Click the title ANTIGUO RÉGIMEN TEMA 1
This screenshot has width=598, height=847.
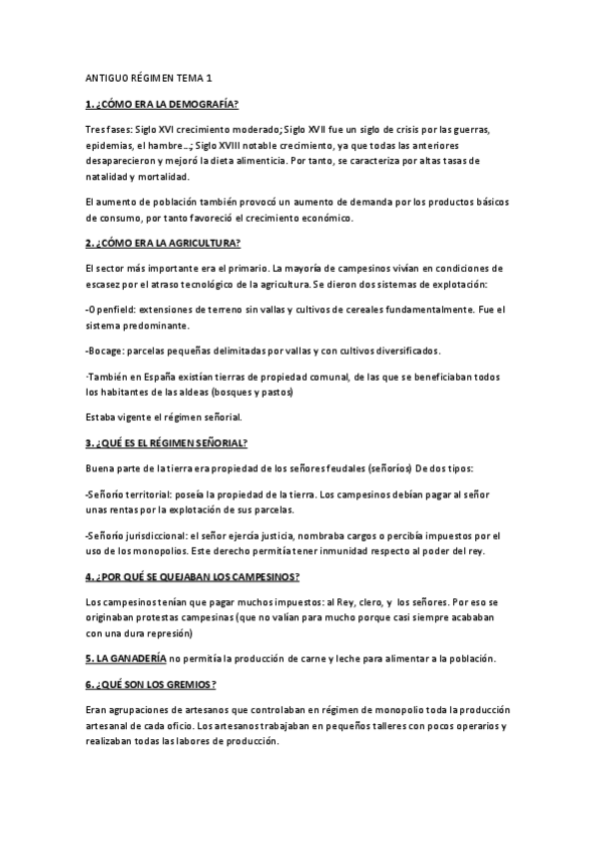point(149,78)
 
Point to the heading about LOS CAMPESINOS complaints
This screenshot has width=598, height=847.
point(194,578)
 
